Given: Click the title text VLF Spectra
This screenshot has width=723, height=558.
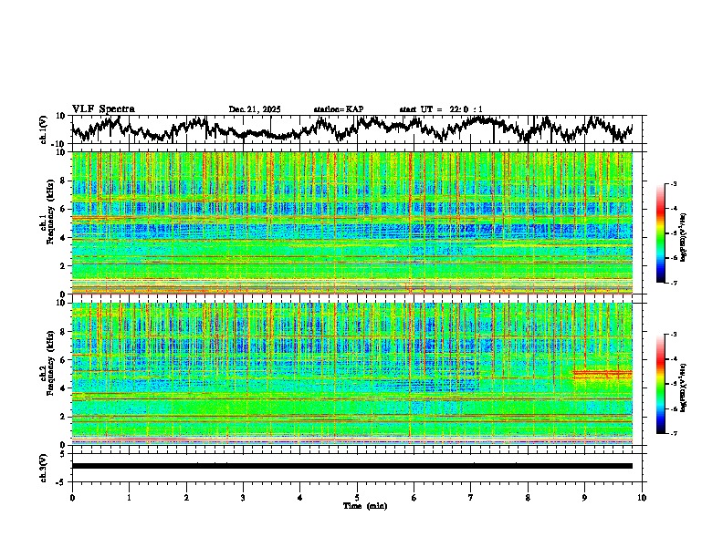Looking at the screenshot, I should coord(103,109).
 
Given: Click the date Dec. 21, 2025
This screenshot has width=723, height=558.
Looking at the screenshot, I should coord(255,109).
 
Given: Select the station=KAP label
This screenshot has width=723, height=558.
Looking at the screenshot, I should coord(338,109).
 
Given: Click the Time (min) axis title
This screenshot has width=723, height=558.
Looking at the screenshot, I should coord(364,505).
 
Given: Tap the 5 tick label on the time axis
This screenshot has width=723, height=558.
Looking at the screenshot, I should coord(357,498).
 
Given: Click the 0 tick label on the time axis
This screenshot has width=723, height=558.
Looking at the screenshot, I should coord(72,498).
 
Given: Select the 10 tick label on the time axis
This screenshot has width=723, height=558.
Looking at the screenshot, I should coord(642,498).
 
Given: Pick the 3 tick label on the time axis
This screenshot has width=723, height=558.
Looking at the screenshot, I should coord(243,498).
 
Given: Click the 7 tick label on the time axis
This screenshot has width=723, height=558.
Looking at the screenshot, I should coord(471,498).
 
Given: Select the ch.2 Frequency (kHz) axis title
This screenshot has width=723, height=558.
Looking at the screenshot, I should coord(46,372).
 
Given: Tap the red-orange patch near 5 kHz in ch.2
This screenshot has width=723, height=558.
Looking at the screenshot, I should coord(602,374).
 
